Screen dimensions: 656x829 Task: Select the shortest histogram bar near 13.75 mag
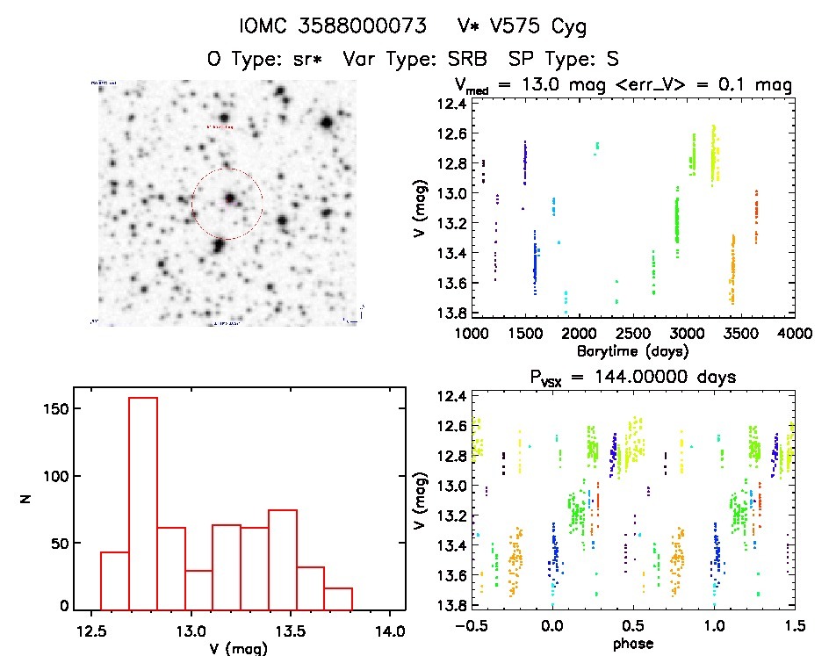[x=338, y=599]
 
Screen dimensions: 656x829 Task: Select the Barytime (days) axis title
[x=633, y=350]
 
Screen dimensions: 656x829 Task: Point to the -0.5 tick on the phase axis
[x=472, y=627]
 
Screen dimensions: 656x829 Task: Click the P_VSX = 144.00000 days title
[x=633, y=377]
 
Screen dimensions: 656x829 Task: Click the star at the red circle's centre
[x=228, y=198]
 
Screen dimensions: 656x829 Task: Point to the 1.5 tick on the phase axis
[x=795, y=627]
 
